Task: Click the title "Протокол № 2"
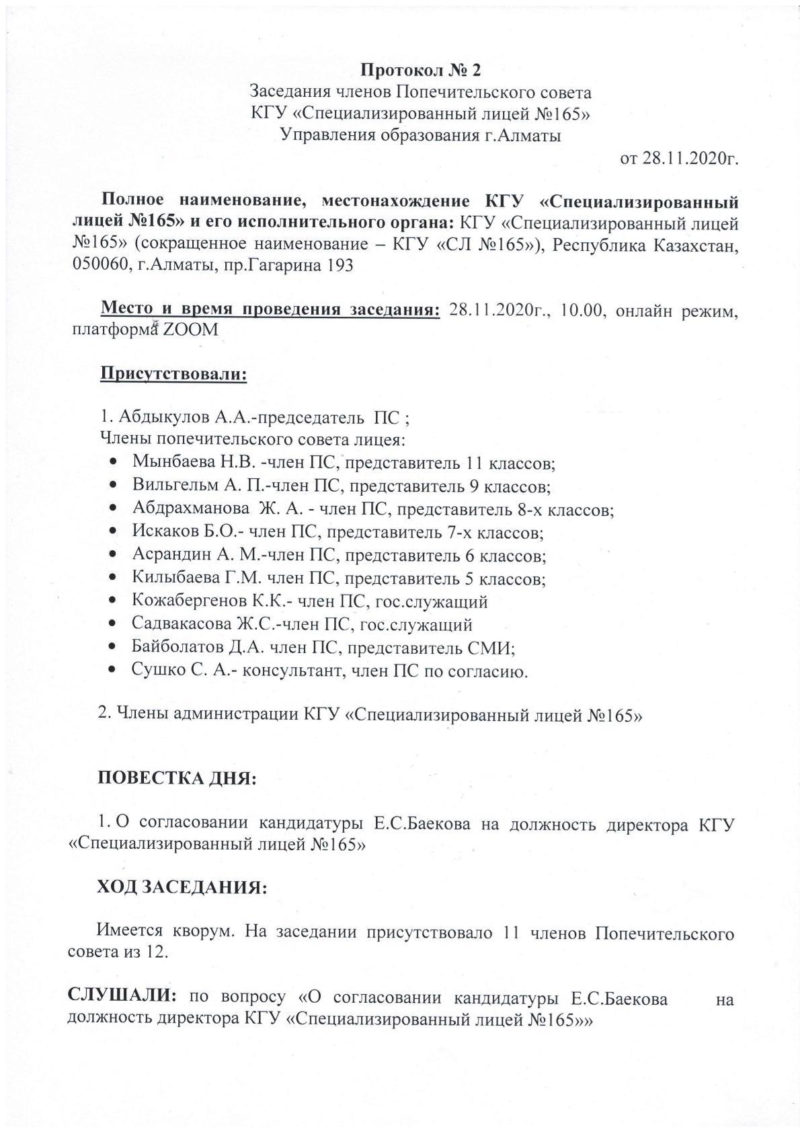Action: [x=422, y=70]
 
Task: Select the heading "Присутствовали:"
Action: [x=173, y=373]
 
